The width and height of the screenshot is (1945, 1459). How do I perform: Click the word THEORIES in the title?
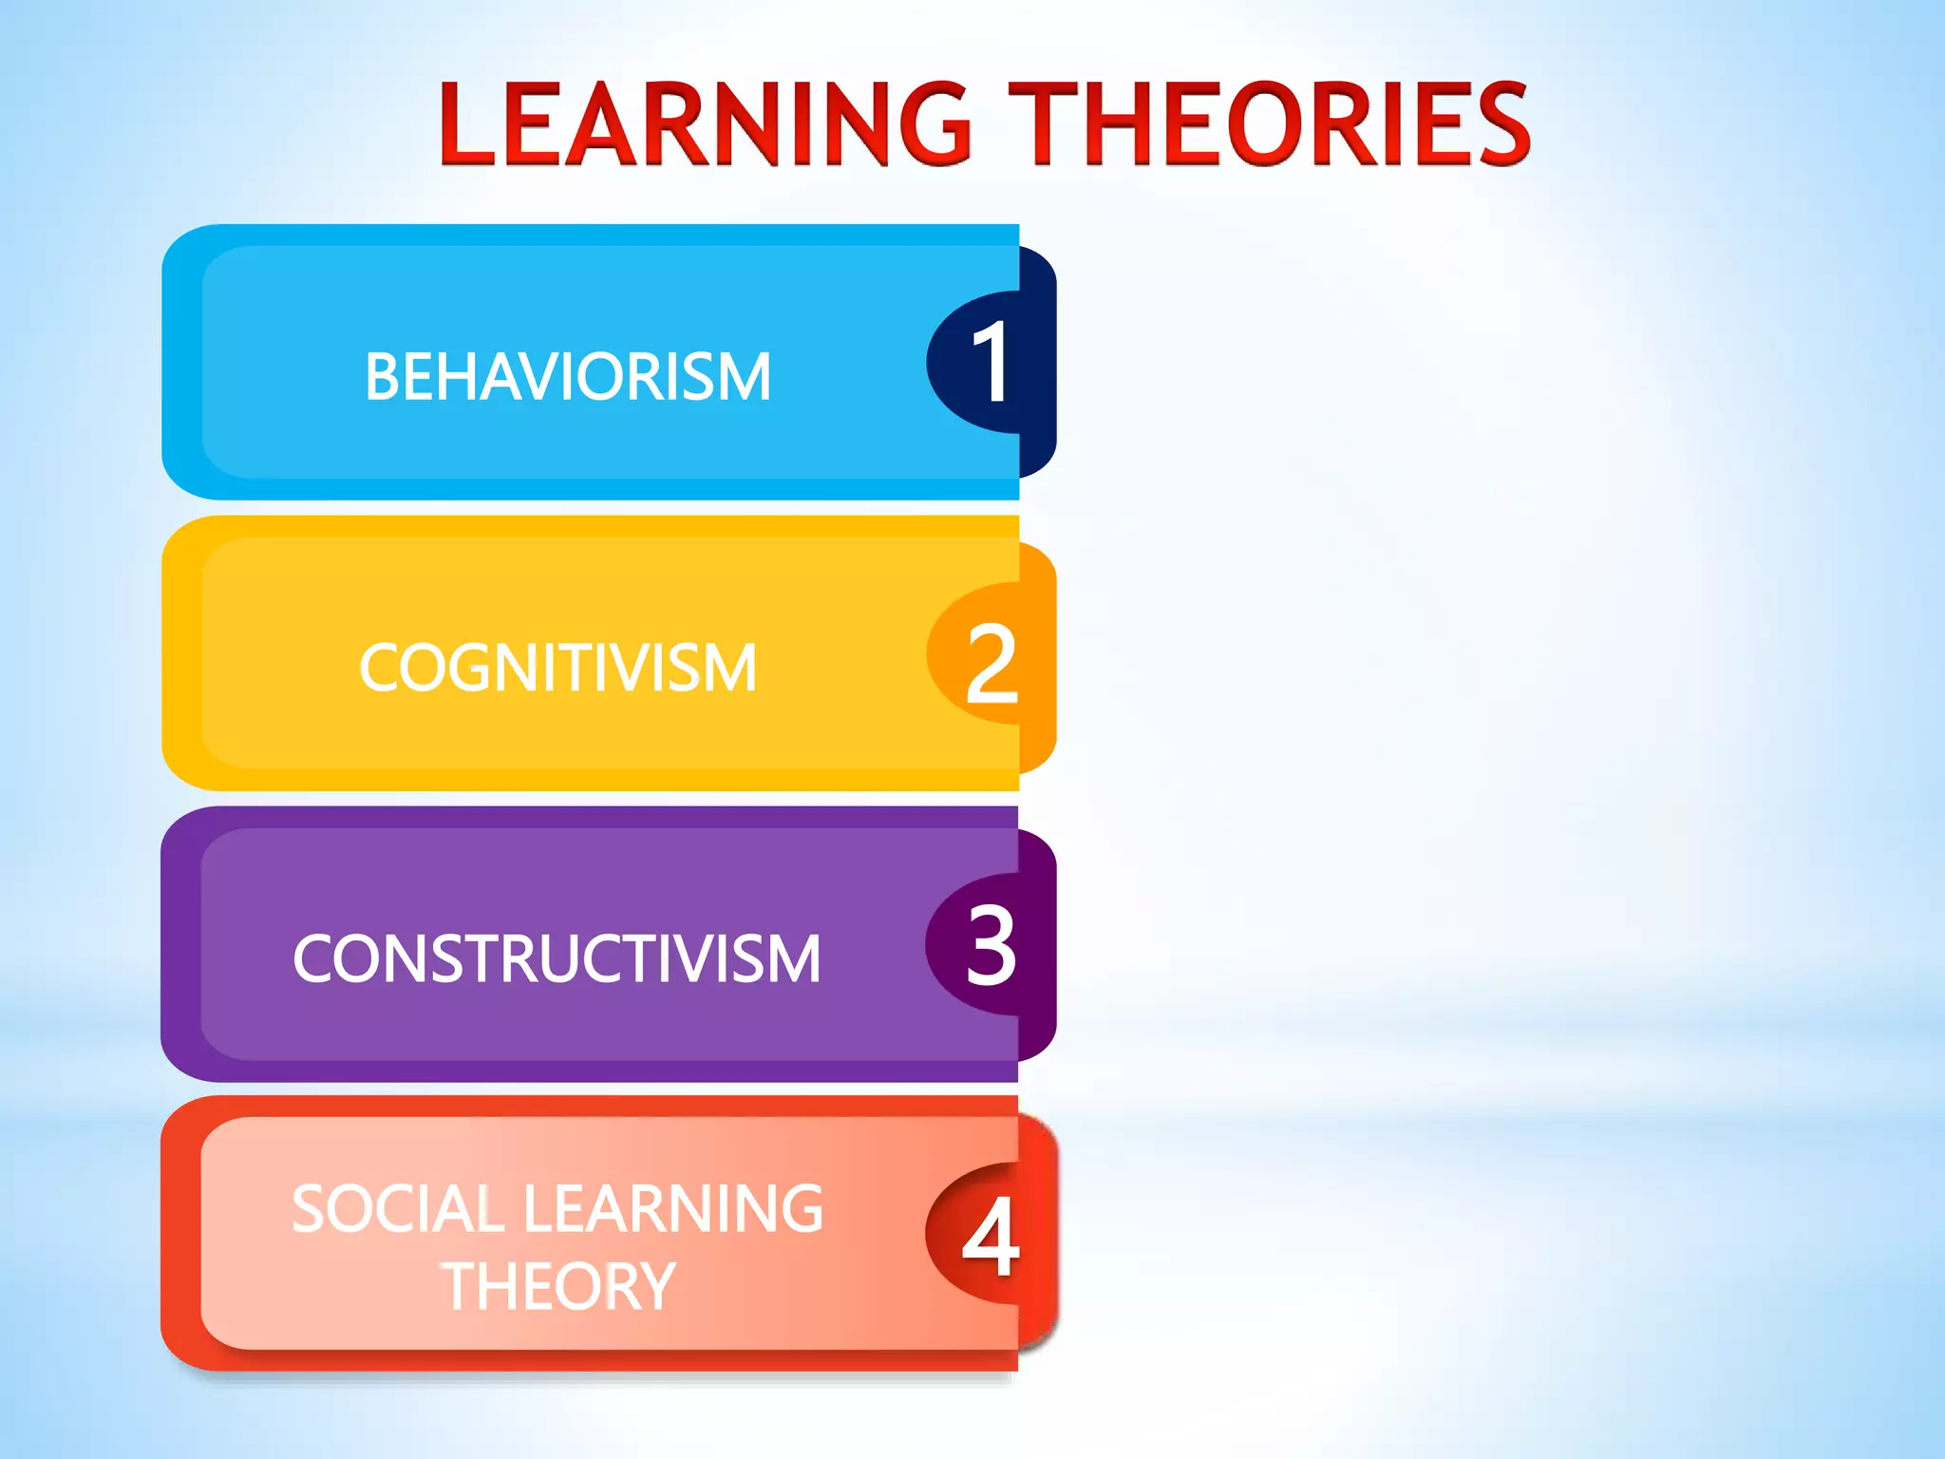[x=1269, y=123]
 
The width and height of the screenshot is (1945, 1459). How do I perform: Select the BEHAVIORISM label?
[x=567, y=377]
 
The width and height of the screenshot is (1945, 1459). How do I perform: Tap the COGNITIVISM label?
[x=558, y=668]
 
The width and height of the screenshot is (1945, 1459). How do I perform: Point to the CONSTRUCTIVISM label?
[x=557, y=958]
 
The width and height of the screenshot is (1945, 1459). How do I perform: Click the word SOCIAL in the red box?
[x=397, y=1209]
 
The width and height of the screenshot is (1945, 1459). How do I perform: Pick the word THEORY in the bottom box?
[x=558, y=1287]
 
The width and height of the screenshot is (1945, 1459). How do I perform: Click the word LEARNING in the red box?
[x=673, y=1209]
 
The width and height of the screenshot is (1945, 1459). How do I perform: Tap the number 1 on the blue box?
[x=991, y=362]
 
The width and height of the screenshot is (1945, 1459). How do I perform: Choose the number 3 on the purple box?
[x=991, y=944]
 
